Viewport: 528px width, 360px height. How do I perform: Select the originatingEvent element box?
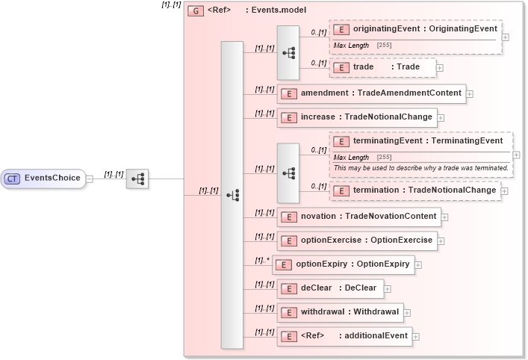point(415,29)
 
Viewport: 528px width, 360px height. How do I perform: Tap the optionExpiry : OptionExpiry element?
point(343,264)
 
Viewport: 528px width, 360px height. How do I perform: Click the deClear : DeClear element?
point(331,288)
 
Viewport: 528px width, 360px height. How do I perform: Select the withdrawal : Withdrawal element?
point(340,312)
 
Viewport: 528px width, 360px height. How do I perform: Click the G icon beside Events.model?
point(196,11)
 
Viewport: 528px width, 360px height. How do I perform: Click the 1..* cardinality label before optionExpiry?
point(261,261)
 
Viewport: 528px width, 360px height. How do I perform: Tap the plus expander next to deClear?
point(388,289)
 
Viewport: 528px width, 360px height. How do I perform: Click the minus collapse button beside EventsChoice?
point(90,179)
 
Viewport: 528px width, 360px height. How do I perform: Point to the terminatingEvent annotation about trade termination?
point(420,168)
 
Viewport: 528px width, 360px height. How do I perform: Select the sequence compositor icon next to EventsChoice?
point(137,179)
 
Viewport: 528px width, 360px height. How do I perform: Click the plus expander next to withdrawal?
point(407,313)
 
